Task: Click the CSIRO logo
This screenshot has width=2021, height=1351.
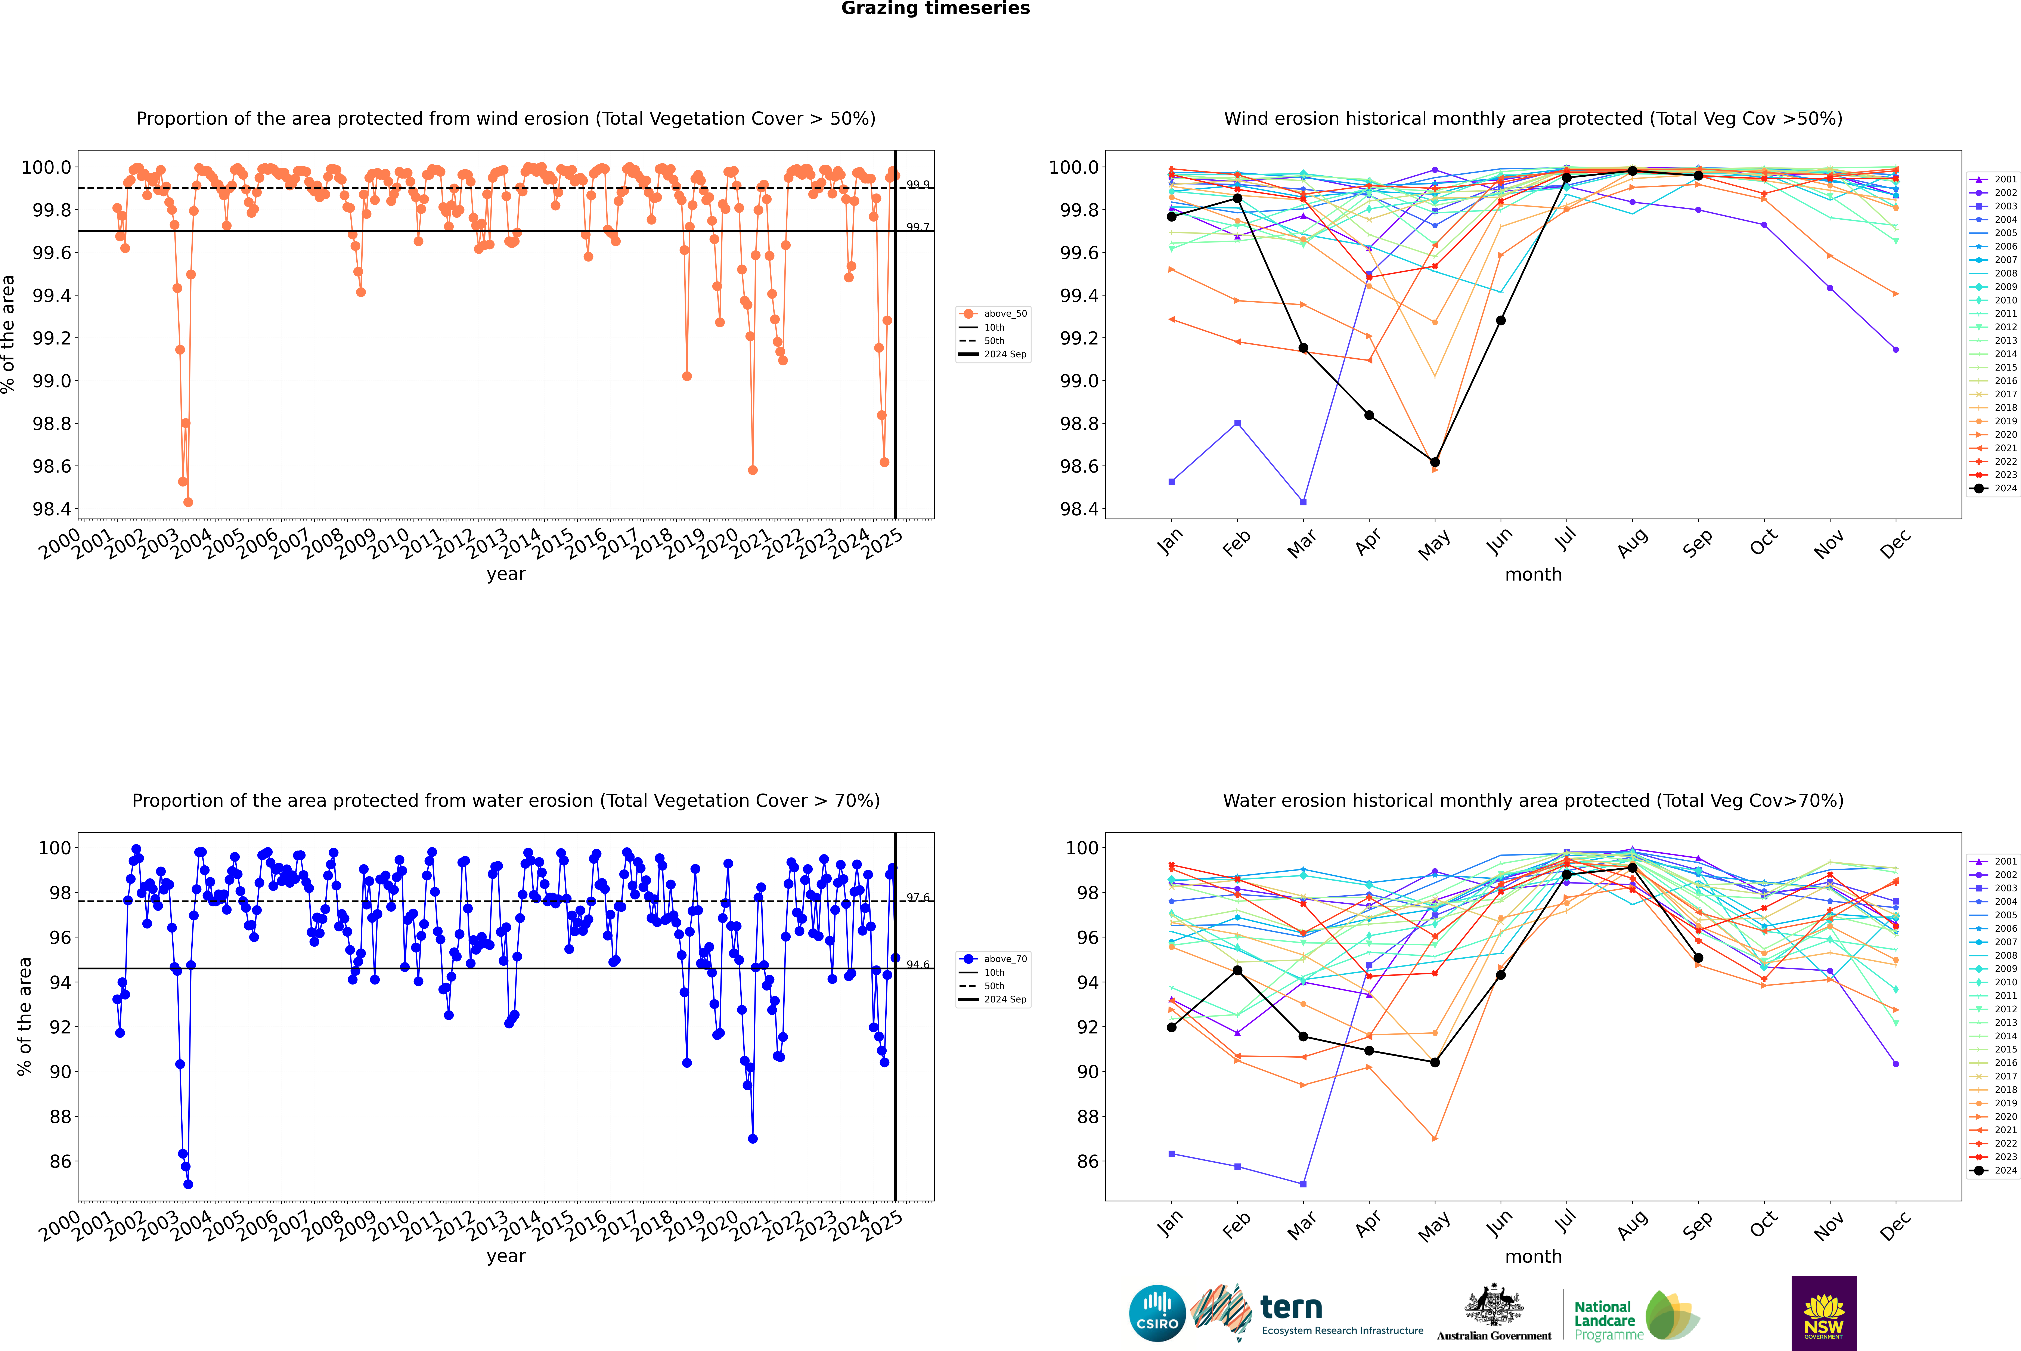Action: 1157,1313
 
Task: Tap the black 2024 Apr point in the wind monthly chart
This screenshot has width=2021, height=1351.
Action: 1369,415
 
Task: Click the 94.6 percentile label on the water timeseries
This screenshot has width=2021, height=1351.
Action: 917,964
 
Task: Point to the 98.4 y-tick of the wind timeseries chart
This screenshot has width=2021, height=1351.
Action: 52,509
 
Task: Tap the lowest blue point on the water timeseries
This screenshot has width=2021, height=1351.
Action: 188,1184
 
